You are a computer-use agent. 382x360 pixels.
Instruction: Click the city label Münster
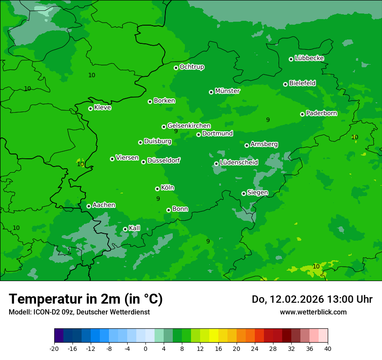coord(227,91)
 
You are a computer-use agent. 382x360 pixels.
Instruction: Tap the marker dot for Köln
coord(157,189)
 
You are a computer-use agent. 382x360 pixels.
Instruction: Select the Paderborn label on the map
coord(321,113)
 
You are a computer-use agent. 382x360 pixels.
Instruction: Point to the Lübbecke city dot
coord(291,59)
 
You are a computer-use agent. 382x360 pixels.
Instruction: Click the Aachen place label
coord(104,205)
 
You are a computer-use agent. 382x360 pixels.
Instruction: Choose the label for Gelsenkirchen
coord(189,126)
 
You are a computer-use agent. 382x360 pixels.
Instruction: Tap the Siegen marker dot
coord(244,193)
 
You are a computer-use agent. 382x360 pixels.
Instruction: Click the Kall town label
coord(134,228)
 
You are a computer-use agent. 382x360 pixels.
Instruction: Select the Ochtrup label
coord(191,67)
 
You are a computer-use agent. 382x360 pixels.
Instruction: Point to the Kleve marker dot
coord(90,108)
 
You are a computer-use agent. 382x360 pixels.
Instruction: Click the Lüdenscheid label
coord(239,163)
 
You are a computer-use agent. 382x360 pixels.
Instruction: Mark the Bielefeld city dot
coord(285,84)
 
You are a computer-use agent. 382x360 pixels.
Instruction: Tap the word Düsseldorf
coord(163,160)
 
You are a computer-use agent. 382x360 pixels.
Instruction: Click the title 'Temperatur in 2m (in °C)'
coord(86,299)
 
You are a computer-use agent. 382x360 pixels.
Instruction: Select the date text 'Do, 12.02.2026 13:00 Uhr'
coord(312,299)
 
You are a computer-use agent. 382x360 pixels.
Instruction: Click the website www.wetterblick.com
coord(313,312)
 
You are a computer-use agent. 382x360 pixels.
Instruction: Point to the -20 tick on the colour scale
coord(54,348)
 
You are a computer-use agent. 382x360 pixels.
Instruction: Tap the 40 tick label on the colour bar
coord(328,348)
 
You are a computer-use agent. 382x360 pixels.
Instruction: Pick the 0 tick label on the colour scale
coord(145,348)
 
